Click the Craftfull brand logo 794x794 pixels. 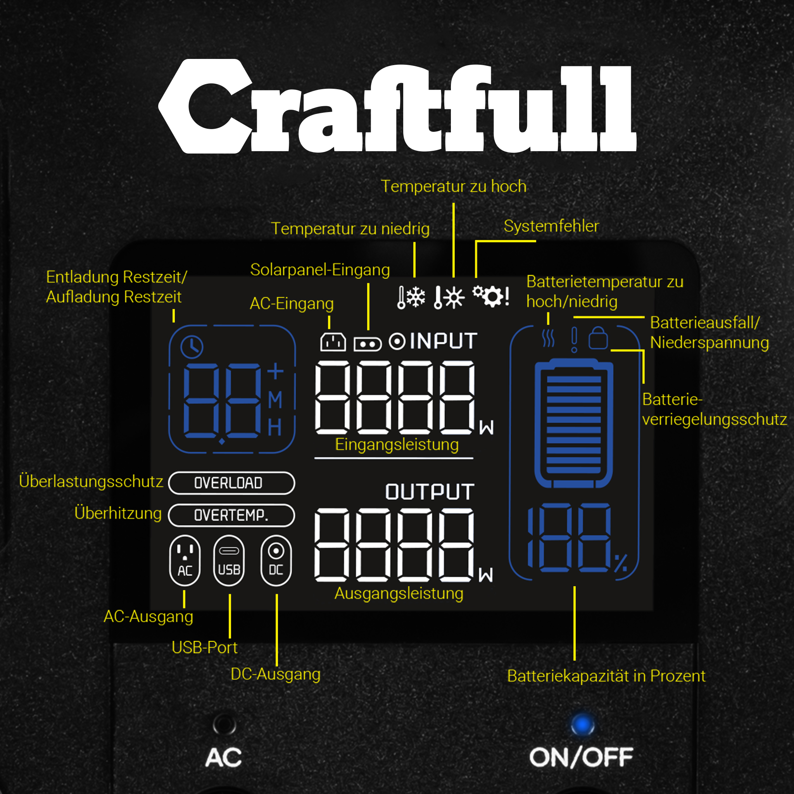(397, 106)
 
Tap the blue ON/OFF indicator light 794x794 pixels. (582, 725)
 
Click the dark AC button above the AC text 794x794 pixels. (224, 724)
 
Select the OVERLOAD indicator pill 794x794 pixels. (232, 483)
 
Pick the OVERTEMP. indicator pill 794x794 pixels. (232, 515)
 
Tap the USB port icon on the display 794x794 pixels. (229, 560)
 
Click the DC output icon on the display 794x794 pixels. (276, 560)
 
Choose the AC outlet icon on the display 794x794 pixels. (185, 560)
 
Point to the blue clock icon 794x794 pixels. (192, 347)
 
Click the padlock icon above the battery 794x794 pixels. (598, 338)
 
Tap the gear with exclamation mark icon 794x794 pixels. (491, 296)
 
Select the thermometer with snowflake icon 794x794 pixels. (411, 297)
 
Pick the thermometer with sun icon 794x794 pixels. (449, 297)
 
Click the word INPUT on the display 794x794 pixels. (444, 341)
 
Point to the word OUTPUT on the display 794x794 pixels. (430, 492)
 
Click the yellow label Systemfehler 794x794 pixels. (551, 226)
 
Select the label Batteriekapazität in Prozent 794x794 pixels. (606, 676)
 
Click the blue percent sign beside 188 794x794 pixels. (621, 563)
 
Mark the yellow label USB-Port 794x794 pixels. (204, 647)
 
